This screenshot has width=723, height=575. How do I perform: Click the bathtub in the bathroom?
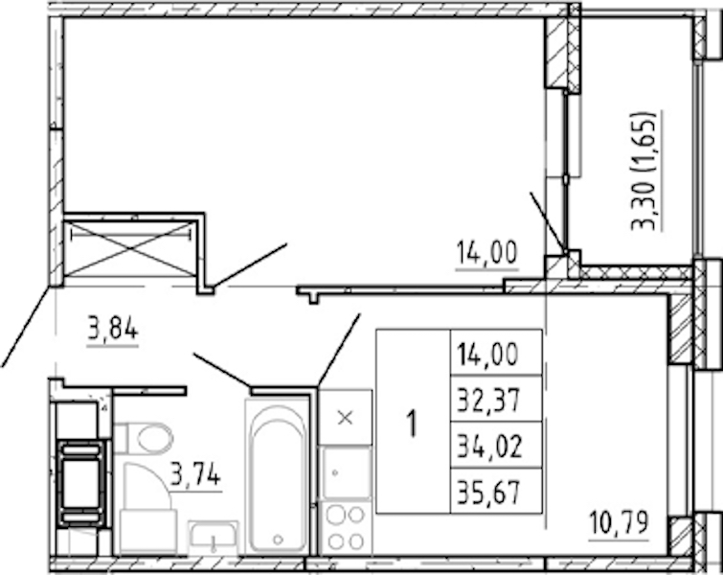278,476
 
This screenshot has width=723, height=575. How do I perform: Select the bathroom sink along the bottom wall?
214,537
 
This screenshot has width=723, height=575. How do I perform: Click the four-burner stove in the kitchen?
345,527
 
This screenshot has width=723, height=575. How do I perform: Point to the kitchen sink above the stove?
345,472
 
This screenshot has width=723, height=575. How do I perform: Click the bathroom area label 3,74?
195,475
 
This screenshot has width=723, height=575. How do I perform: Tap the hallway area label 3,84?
112,330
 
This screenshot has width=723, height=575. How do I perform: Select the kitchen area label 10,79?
620,523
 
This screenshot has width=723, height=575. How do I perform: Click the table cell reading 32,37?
496,399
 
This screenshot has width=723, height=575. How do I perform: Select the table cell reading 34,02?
496,445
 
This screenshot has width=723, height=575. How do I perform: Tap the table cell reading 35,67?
496,491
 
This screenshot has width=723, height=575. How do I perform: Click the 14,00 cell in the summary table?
496,353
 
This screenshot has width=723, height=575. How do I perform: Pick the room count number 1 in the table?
412,424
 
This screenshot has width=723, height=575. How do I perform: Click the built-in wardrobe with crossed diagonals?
130,248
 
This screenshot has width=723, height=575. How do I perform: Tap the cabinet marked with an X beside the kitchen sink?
346,418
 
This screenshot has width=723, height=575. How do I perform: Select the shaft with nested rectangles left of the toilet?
80,484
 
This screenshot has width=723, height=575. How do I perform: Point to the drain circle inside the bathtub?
278,539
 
